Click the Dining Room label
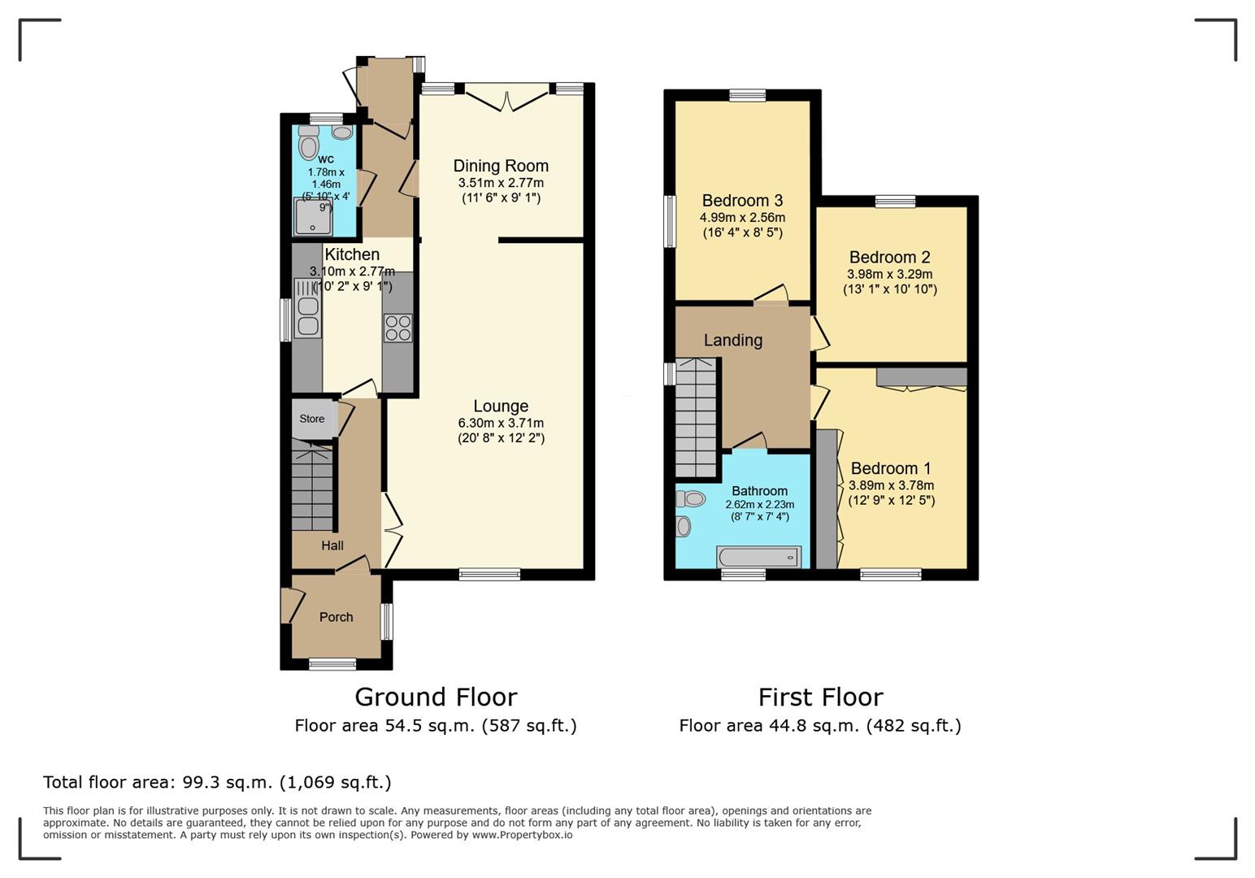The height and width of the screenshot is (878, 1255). (501, 166)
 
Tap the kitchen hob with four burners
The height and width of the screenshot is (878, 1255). (397, 328)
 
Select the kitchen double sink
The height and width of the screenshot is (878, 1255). (307, 309)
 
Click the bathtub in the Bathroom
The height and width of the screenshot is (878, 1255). (758, 558)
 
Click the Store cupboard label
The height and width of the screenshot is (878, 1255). (312, 419)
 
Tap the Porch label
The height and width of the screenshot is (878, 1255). (337, 617)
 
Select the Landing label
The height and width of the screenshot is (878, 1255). (733, 340)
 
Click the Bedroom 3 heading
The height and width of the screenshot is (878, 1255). (742, 201)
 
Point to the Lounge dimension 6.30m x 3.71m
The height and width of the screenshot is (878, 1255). (501, 423)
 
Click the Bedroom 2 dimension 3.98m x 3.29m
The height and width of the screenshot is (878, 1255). (890, 275)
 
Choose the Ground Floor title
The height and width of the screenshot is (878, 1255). (436, 697)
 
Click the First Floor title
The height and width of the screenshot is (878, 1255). (821, 697)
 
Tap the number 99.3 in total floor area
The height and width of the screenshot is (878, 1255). (199, 782)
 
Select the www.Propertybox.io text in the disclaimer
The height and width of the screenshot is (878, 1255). (522, 835)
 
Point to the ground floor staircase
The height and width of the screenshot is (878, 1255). (313, 485)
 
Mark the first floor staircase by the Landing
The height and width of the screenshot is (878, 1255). (697, 418)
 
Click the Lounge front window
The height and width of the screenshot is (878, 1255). (489, 574)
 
